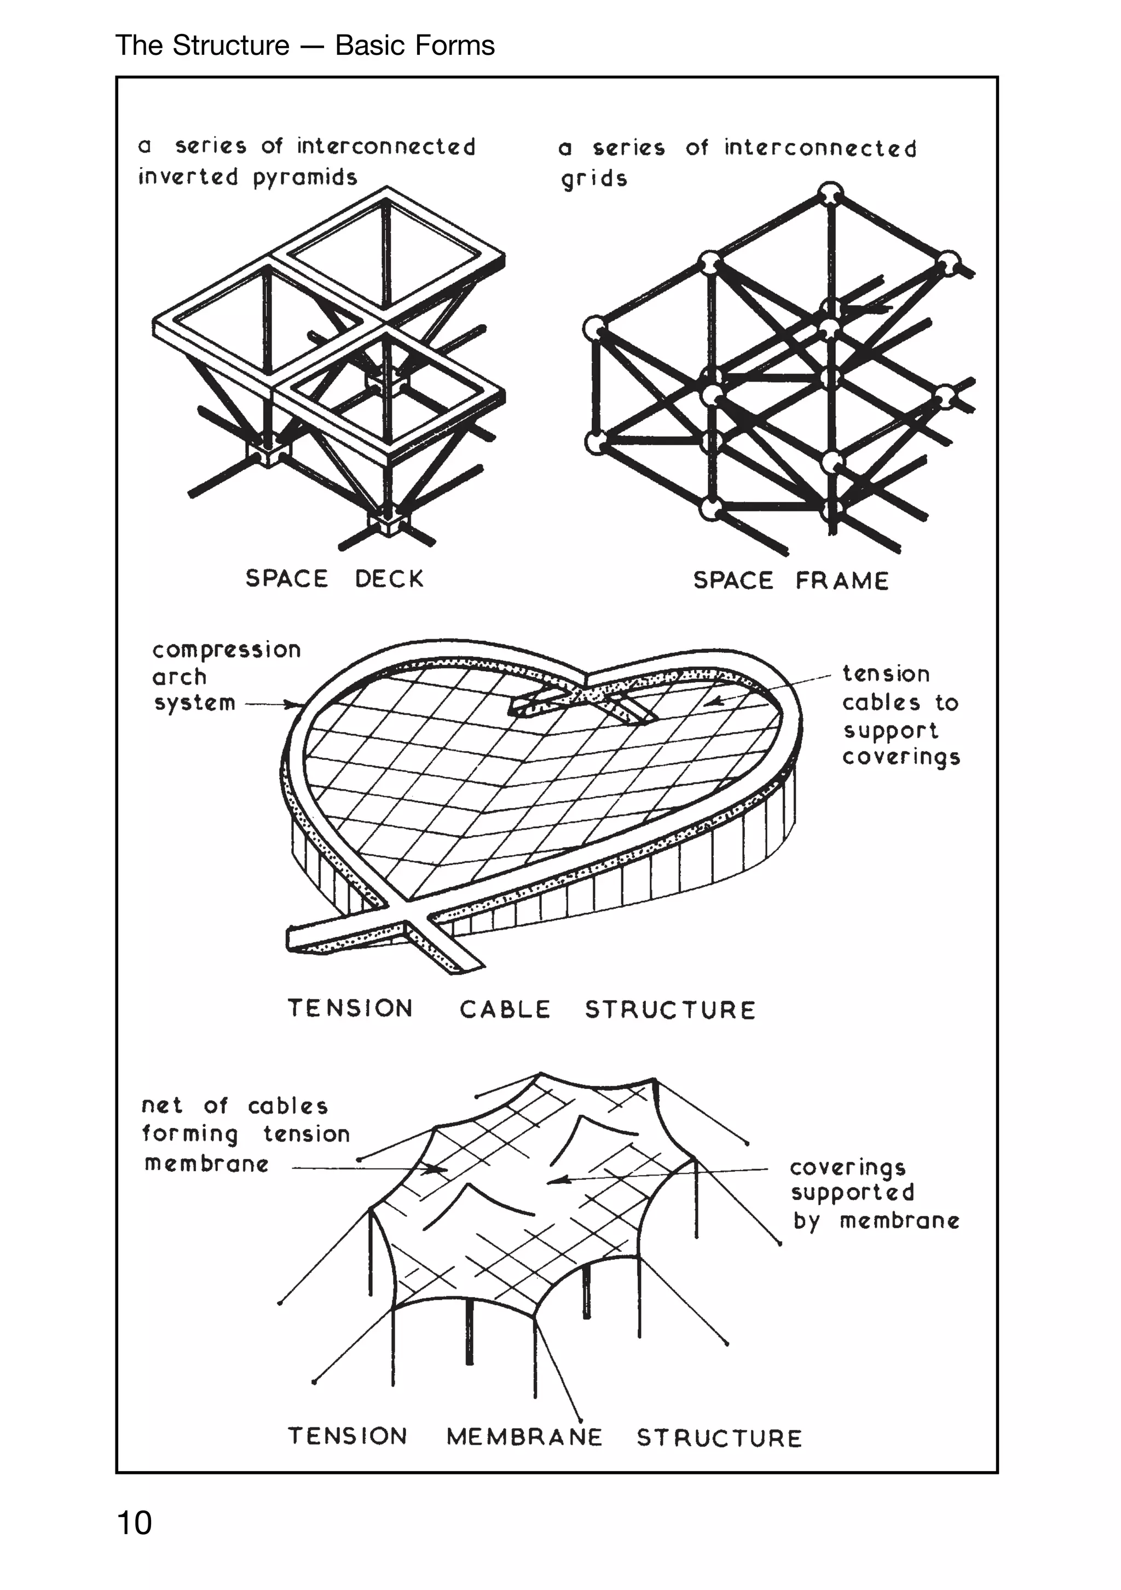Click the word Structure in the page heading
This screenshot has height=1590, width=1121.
click(230, 45)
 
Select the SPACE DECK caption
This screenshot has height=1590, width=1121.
click(334, 578)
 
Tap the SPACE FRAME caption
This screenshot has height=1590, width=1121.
click(791, 580)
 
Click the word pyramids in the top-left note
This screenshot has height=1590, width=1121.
click(305, 178)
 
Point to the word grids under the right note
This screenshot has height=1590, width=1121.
click(594, 180)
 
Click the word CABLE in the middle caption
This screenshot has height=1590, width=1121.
click(505, 1009)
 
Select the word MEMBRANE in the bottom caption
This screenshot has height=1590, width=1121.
click(524, 1437)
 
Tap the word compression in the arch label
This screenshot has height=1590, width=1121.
click(227, 650)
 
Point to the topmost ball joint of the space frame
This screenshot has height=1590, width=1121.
click(830, 193)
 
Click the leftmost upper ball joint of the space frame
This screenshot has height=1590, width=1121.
click(594, 327)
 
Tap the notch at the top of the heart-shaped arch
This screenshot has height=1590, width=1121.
click(587, 675)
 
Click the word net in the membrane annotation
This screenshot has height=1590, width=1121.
click(162, 1105)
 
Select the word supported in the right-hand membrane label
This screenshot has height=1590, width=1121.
click(852, 1192)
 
